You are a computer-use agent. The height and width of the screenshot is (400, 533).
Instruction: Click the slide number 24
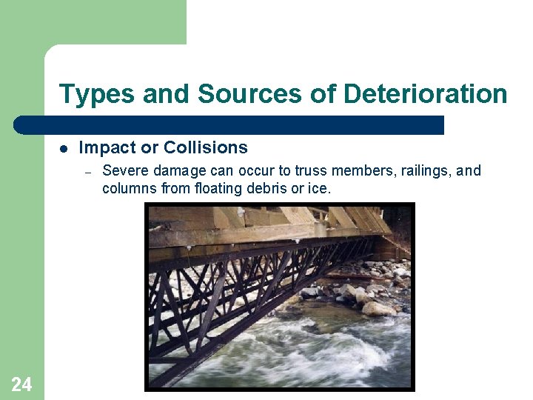point(21,383)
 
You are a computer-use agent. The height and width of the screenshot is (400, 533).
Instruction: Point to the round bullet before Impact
point(64,148)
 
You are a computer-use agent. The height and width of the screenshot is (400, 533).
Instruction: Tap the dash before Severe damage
point(87,172)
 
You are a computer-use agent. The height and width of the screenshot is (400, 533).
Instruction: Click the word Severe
point(123,171)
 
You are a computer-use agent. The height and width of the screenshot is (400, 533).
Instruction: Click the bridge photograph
point(280,296)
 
